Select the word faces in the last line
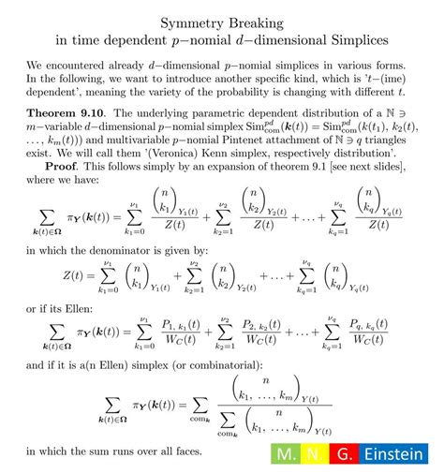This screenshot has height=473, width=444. click(185, 452)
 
